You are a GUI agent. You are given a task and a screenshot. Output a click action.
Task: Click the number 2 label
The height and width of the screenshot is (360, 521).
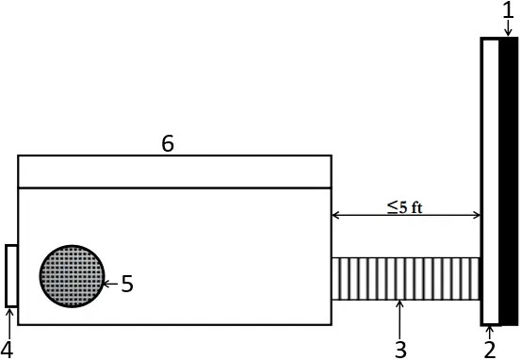point(490,350)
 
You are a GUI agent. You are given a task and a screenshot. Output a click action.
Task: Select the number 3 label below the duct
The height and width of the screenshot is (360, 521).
point(400,350)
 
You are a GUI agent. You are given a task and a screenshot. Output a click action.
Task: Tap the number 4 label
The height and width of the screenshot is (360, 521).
point(7,350)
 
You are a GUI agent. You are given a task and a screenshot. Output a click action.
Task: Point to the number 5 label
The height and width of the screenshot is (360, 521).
point(127,283)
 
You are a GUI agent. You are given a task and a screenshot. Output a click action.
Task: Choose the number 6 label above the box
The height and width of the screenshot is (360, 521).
point(168,143)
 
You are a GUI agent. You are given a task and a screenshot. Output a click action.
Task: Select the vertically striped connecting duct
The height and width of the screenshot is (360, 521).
point(406,279)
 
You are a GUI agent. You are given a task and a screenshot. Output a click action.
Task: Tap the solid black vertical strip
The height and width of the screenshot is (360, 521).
point(510,179)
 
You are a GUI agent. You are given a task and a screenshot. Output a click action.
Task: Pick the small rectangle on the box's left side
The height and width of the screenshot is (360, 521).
point(11,275)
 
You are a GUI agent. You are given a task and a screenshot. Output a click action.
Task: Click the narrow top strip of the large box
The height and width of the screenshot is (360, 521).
point(174,172)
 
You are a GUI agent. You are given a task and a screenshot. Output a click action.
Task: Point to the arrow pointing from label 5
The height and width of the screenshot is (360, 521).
point(110,283)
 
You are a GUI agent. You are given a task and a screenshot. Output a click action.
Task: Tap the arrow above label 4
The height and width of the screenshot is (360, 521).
point(7,323)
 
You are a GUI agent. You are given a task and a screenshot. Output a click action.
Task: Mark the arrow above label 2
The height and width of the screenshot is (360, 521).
point(490,331)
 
